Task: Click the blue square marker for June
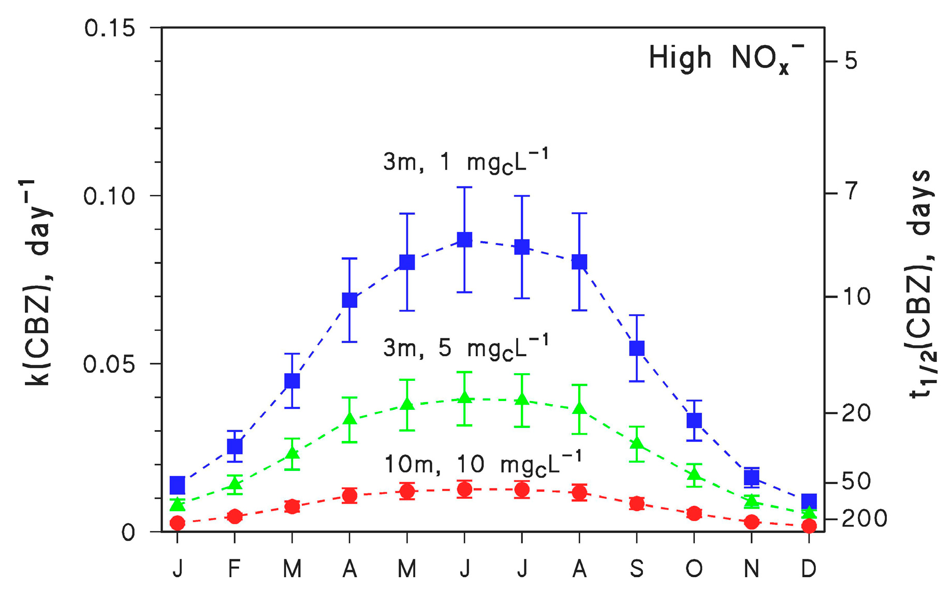(x=464, y=240)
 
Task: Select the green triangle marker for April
(x=349, y=419)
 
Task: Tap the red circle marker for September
(x=636, y=504)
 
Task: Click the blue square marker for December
(x=809, y=501)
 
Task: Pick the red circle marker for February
(x=235, y=516)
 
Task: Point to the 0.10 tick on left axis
(x=156, y=196)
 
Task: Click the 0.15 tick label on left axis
(x=109, y=28)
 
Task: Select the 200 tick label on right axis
(x=864, y=519)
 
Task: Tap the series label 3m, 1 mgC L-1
(x=465, y=161)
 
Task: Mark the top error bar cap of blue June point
(x=464, y=187)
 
